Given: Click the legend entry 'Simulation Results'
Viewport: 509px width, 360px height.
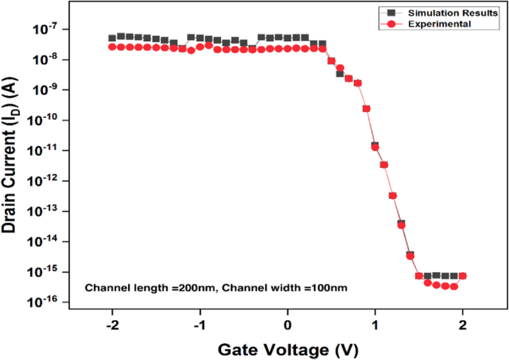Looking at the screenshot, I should click(448, 13).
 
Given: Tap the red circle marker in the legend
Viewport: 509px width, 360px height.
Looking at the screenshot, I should click(390, 23).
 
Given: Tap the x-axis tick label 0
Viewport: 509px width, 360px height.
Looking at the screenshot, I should click(288, 326).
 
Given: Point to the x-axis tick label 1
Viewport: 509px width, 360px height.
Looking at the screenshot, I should click(375, 326).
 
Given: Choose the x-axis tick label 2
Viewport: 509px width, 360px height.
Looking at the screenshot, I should click(463, 326).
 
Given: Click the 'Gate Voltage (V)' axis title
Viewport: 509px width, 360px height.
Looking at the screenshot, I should click(288, 350).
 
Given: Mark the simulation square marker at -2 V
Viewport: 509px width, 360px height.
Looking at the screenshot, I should click(112, 38).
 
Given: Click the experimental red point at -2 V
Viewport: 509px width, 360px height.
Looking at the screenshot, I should click(112, 47).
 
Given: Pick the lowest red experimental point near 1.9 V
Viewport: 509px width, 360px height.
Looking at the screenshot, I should click(454, 287).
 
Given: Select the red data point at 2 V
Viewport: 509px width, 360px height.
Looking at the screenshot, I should click(463, 276).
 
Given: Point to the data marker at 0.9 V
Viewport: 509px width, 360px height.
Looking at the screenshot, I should click(366, 108).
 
